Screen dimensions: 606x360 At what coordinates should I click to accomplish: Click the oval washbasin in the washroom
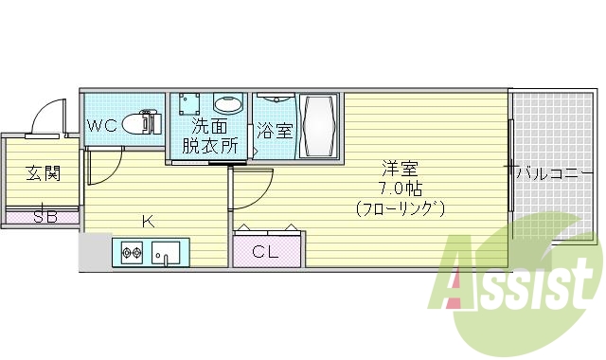(x=227, y=104)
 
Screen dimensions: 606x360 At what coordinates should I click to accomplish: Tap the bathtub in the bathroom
(x=318, y=125)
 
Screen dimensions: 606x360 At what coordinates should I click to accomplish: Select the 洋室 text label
(x=400, y=169)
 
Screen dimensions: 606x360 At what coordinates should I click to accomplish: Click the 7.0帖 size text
(x=400, y=188)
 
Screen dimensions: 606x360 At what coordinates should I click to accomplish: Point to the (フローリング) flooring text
(x=401, y=207)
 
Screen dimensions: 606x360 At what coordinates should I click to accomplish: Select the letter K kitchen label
(x=147, y=222)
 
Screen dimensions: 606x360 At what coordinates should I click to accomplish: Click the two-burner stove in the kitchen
(x=132, y=253)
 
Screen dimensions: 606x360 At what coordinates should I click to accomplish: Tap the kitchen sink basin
(x=168, y=253)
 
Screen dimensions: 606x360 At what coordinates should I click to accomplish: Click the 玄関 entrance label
(x=42, y=173)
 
